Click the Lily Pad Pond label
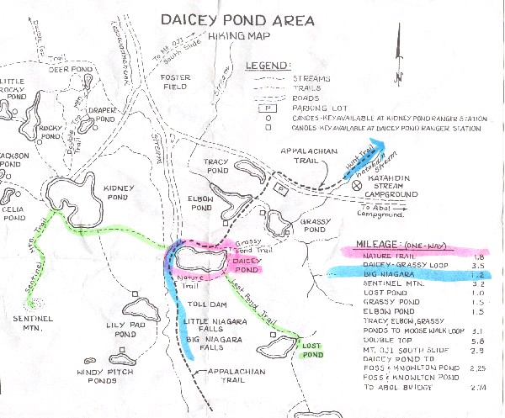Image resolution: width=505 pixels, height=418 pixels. tap(126, 325)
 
